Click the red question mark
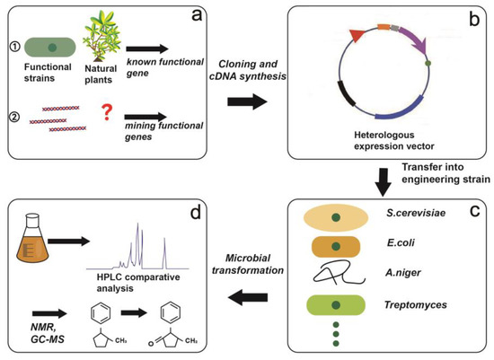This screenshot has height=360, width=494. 106,113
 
